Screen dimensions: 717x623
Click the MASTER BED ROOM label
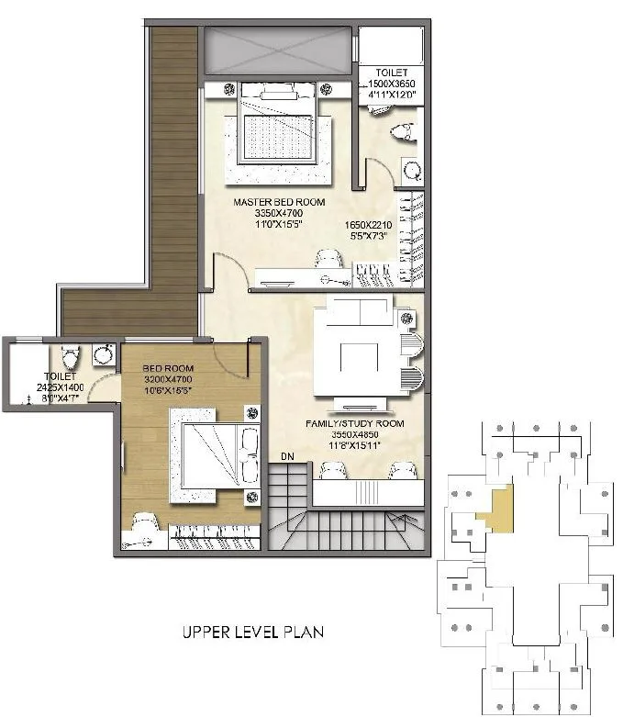click(279, 202)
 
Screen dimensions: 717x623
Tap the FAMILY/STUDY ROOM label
click(355, 424)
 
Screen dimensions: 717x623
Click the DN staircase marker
click(288, 455)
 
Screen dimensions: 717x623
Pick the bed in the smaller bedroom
click(211, 456)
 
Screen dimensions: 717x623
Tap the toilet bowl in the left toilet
click(71, 353)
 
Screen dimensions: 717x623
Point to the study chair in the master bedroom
click(328, 259)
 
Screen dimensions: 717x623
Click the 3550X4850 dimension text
click(355, 436)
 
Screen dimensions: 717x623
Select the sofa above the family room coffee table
click(354, 312)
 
